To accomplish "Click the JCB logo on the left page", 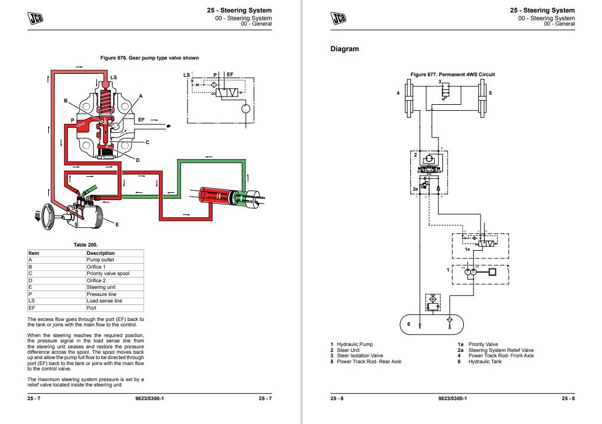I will click(x=37, y=18).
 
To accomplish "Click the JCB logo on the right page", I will click(x=339, y=18).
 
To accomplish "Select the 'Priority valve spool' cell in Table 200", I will click(x=108, y=273).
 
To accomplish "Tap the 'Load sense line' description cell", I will click(x=104, y=301).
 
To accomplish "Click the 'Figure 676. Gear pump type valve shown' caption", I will click(x=150, y=58).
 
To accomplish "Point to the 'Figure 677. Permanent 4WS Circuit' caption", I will click(x=453, y=74).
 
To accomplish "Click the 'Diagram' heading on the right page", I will click(x=345, y=49).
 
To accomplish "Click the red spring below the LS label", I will click(x=106, y=98).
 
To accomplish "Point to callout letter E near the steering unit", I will click(x=117, y=225).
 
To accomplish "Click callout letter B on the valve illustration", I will click(x=66, y=101).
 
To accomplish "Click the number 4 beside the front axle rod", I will click(x=398, y=93).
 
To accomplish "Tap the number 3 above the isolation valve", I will click(x=440, y=81).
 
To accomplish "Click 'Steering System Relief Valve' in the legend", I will click(x=501, y=350).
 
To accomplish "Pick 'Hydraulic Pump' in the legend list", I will click(x=355, y=344).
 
